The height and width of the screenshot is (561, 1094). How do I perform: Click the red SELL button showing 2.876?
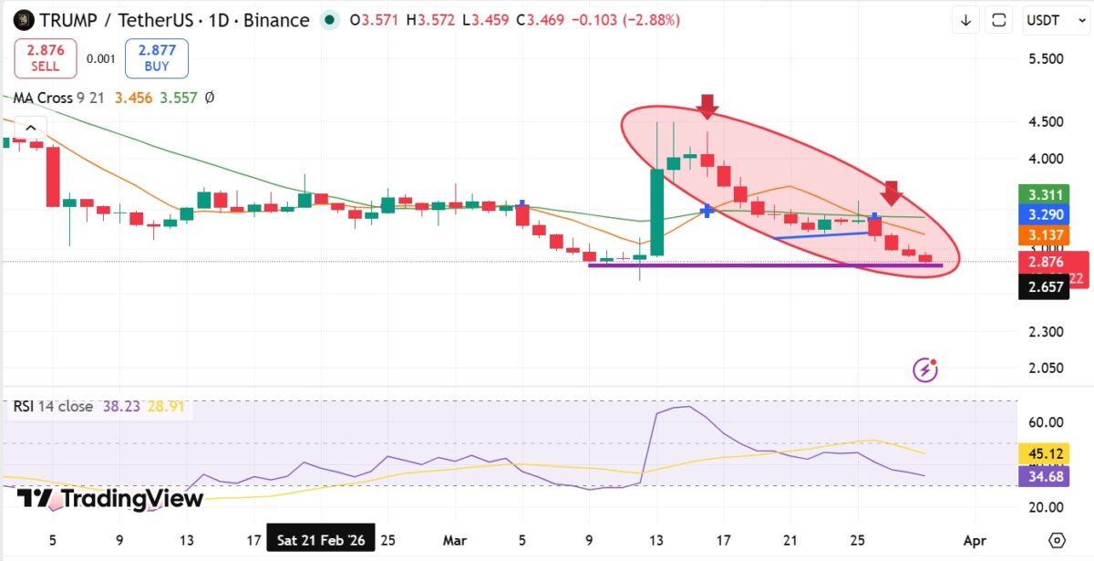pos(45,58)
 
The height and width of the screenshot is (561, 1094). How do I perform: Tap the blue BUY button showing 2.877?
pos(157,58)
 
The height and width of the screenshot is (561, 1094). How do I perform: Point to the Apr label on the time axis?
pos(975,540)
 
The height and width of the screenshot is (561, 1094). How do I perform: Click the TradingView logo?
pos(110,498)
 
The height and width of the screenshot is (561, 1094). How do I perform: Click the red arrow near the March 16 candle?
pos(707,106)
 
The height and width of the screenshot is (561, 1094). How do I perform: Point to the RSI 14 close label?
pos(53,406)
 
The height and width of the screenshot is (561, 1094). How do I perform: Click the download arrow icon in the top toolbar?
pos(965,20)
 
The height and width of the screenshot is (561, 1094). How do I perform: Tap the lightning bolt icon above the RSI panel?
pos(926,369)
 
